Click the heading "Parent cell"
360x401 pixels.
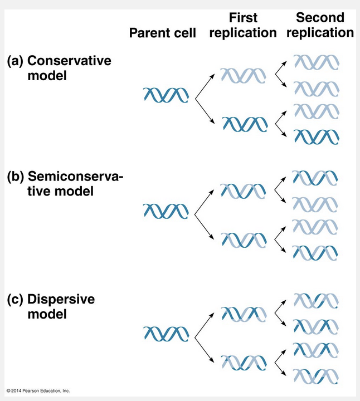pyautogui.click(x=163, y=33)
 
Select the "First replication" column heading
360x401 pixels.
pyautogui.click(x=243, y=26)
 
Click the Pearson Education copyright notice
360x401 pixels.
pyautogui.click(x=38, y=390)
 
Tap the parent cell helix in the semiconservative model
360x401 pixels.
pyautogui.click(x=166, y=211)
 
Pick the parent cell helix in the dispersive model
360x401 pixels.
pyautogui.click(x=166, y=333)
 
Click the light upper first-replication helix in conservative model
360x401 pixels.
pyautogui.click(x=242, y=75)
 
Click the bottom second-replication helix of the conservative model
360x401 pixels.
pyautogui.click(x=316, y=137)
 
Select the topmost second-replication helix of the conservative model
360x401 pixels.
pyautogui.click(x=316, y=62)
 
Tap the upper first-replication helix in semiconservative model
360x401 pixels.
pyautogui.click(x=243, y=190)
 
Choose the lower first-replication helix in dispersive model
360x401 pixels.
pyautogui.click(x=243, y=363)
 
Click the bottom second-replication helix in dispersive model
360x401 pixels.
pyautogui.click(x=315, y=374)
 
